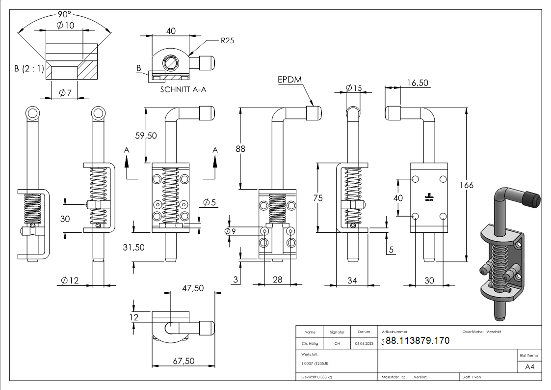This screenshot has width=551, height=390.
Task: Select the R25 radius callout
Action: [x=227, y=41]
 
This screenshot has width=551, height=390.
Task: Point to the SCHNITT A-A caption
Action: [x=184, y=90]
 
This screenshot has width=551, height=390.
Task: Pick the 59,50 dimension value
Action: [x=146, y=136]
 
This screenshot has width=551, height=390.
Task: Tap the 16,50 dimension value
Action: [x=418, y=83]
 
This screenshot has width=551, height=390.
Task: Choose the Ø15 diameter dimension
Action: [x=353, y=88]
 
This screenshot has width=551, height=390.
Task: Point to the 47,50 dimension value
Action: [x=193, y=288]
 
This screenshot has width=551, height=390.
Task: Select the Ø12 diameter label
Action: [x=70, y=280]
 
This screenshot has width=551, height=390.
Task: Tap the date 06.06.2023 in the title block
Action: [x=364, y=344]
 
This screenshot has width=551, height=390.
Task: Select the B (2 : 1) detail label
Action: [x=28, y=69]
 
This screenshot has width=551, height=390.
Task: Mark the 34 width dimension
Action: [x=352, y=280]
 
